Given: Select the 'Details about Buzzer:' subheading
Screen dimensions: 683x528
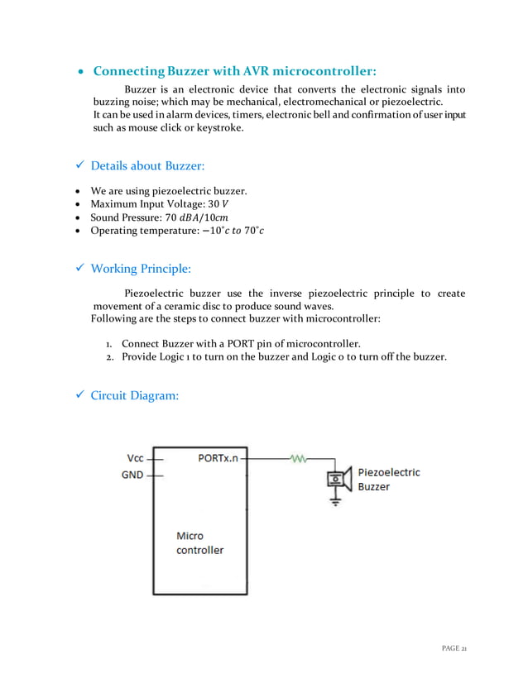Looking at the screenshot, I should coord(146,165).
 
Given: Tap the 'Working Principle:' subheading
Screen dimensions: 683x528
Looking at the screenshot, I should coord(140,268).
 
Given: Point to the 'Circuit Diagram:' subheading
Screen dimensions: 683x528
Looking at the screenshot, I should coord(134,395).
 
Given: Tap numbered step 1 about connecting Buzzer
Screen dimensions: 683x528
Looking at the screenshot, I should coord(240,343).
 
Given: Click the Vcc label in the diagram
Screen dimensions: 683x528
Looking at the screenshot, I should coord(135,457).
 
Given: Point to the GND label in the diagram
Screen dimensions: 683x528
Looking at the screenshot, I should coord(132,475).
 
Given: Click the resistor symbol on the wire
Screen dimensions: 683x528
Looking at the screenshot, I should coord(297,457).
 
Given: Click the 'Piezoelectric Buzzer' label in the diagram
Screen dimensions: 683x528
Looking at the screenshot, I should coord(388,480).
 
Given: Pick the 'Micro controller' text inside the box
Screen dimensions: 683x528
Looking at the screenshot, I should coord(199,542).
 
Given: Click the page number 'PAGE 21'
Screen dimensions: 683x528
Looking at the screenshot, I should coord(454,647).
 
